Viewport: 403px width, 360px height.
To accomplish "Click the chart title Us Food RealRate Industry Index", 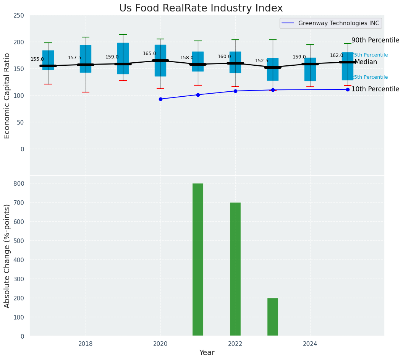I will point(201,8).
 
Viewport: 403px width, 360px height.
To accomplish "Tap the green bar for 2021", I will point(198,259).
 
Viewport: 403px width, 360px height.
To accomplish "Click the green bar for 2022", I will point(235,269).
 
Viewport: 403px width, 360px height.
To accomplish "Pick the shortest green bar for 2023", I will point(273,317).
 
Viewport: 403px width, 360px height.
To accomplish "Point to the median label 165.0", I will point(149,54).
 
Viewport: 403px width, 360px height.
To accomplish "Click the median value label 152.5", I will point(262,61).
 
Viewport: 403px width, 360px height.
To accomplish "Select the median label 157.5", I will point(74,58).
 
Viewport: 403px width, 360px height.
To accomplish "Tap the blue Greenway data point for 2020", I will point(160,99).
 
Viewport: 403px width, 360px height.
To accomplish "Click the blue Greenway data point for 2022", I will point(235,91).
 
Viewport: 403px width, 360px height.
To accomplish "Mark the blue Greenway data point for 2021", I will point(198,95).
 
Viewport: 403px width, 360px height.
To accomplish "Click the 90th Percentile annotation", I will point(375,40).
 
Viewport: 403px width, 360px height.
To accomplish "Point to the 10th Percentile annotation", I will point(375,89).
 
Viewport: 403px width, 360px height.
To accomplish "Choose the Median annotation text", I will point(366,62).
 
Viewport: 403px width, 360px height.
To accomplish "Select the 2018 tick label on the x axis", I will point(86,344).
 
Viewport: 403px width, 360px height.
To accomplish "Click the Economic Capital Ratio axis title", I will point(7,96).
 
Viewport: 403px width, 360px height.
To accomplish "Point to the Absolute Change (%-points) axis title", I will point(7,256).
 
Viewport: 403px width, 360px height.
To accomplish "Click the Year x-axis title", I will point(207,353).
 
